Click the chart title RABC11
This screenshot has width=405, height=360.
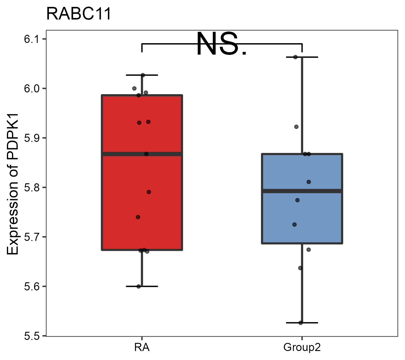[79, 14]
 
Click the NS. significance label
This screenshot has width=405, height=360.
[222, 44]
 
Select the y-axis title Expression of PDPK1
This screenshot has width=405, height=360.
[13, 184]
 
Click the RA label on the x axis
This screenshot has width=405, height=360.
[142, 348]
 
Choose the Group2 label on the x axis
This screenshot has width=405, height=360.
[302, 348]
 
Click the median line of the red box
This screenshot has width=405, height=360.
[142, 154]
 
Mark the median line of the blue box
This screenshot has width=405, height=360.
[302, 191]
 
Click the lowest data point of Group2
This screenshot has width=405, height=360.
[301, 323]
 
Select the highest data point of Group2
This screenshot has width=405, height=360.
[295, 57]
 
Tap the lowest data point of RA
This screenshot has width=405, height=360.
[139, 286]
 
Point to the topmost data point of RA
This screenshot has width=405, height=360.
[143, 75]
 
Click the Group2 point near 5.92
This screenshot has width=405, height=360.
[296, 127]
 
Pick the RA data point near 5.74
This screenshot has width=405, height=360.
[138, 217]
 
